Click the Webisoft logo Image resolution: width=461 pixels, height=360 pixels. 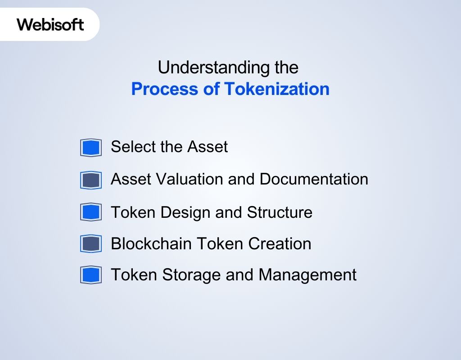(x=50, y=24)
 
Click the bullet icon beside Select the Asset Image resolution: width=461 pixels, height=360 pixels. (x=90, y=148)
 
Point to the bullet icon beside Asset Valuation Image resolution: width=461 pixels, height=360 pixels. (x=90, y=180)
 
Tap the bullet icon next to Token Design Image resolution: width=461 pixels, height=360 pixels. (x=90, y=212)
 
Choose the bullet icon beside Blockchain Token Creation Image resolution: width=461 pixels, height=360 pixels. (x=90, y=244)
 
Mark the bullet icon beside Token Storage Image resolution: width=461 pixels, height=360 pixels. (x=90, y=275)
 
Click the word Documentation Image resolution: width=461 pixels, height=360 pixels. (x=314, y=179)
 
